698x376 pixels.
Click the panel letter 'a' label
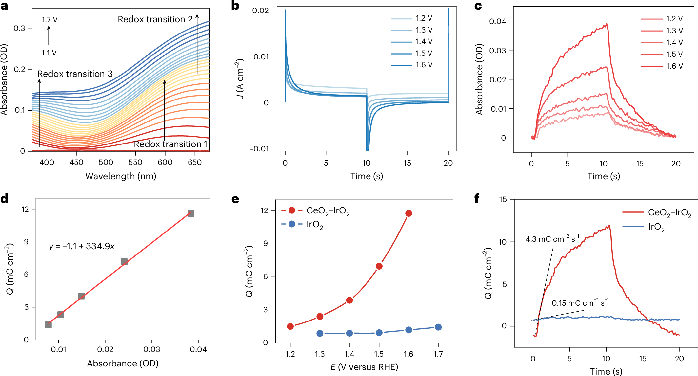[x=4, y=6]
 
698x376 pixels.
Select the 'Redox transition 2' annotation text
[x=155, y=19]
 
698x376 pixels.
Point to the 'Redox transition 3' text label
[x=75, y=74]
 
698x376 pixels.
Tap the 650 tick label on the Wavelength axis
[x=194, y=162]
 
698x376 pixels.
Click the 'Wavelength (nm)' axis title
[x=121, y=176]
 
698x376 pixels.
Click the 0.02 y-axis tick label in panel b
[x=261, y=11]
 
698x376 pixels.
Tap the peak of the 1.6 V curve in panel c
[x=607, y=24]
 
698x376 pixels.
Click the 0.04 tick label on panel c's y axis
[x=498, y=21]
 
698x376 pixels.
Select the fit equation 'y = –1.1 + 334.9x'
[x=82, y=246]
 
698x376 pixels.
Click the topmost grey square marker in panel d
[x=191, y=214]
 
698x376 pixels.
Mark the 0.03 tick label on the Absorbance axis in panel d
[x=151, y=349]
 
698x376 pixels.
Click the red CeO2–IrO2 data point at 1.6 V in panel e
[x=409, y=213]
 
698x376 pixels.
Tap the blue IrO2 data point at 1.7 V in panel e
[x=438, y=327]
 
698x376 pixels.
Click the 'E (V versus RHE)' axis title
[x=364, y=367]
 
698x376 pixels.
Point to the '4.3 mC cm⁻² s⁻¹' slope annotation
[x=552, y=239]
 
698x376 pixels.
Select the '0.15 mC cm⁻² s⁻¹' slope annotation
[x=580, y=303]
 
